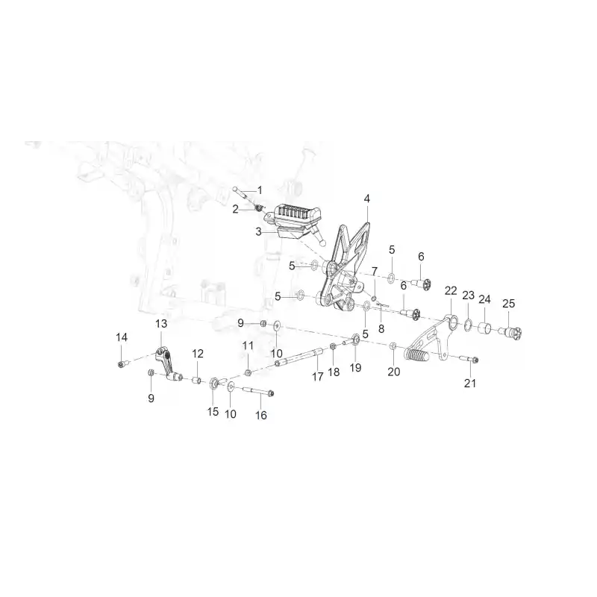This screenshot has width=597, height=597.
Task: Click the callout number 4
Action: (x=366, y=199)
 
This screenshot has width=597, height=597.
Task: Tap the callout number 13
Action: (x=161, y=324)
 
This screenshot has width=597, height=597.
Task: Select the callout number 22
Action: (x=451, y=291)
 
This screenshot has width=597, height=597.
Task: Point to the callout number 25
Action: (x=509, y=304)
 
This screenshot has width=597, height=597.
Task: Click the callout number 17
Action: (x=318, y=377)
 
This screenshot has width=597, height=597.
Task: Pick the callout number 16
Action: (x=260, y=415)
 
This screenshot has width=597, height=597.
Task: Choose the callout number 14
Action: (x=122, y=337)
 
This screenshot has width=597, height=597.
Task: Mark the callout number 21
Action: (x=470, y=383)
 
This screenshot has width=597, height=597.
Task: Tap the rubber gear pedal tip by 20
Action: (x=416, y=356)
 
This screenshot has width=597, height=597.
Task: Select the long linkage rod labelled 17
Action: (x=299, y=358)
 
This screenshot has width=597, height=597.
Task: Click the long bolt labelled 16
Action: (x=257, y=390)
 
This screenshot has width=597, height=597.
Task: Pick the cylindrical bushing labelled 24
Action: (x=484, y=328)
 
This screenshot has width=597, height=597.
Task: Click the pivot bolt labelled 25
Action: (x=511, y=331)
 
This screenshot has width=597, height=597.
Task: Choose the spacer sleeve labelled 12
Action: (x=196, y=381)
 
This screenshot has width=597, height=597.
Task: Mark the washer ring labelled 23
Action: (x=468, y=326)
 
